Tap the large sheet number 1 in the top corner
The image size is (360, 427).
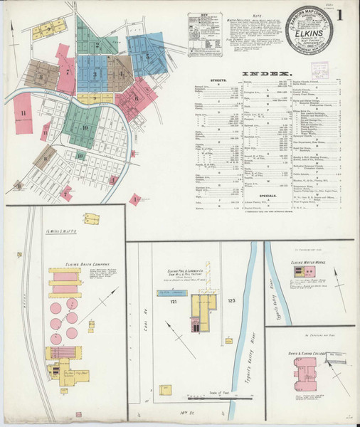(x=342, y=15)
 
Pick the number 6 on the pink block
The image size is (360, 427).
(x=135, y=97)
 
